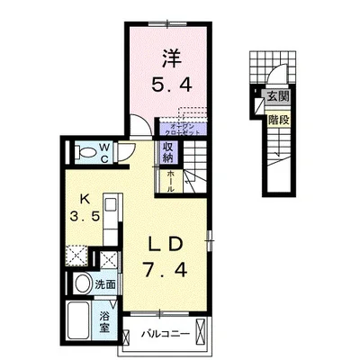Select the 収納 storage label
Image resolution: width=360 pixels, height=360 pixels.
[x=169, y=149]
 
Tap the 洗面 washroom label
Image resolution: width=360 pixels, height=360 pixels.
[x=105, y=284]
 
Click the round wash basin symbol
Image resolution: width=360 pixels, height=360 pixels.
[x=82, y=283]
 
